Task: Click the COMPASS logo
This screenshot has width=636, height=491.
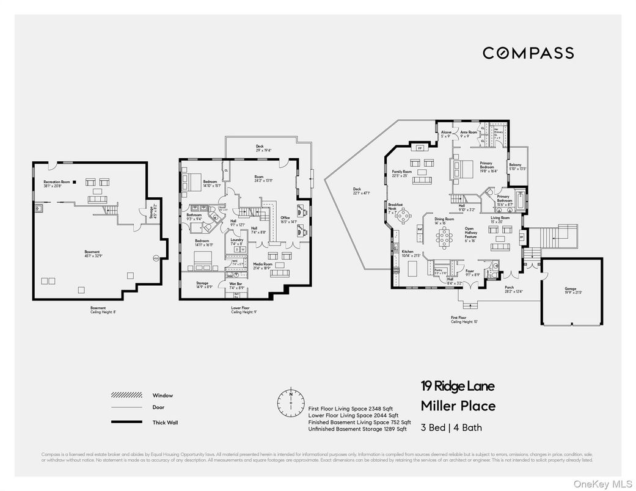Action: point(528,53)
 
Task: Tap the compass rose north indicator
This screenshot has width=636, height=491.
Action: point(291,402)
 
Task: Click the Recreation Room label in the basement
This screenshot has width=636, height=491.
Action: point(56,182)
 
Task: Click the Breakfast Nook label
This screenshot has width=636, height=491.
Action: point(393,208)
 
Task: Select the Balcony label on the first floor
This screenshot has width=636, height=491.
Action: point(516,165)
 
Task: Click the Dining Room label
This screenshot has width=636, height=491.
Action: point(444,219)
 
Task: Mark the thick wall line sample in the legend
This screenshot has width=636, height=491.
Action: point(127,422)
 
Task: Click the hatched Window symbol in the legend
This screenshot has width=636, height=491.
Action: point(127,395)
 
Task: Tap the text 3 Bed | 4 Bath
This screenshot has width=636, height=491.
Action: point(450,427)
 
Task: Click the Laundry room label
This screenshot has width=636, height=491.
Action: point(237,240)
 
